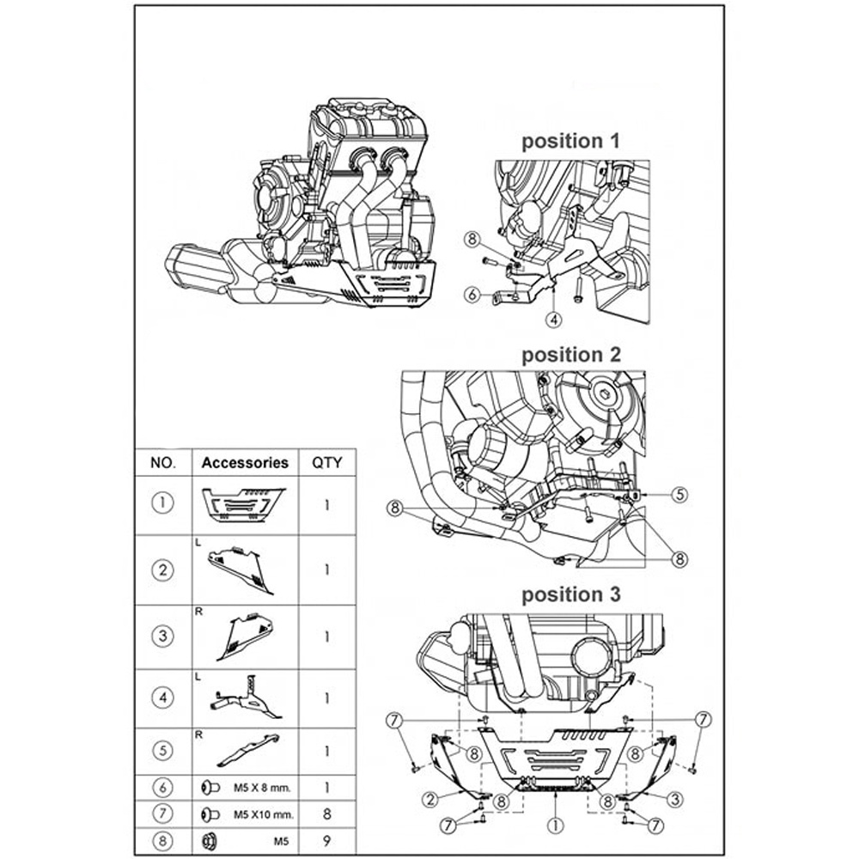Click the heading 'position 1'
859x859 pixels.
coord(570,141)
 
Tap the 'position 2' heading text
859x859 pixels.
coord(570,354)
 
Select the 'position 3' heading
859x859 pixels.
coord(570,594)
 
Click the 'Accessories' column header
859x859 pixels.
coord(245,462)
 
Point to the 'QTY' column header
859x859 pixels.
coord(326,462)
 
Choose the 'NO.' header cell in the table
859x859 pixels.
coord(162,462)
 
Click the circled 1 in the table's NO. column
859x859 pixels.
coord(162,503)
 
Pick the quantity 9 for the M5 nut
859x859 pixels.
coord(326,840)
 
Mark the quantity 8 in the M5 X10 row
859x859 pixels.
coord(326,813)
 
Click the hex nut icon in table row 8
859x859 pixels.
coord(208,840)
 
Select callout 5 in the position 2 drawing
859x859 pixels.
coord(679,494)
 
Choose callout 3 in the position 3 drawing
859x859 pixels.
coord(677,800)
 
